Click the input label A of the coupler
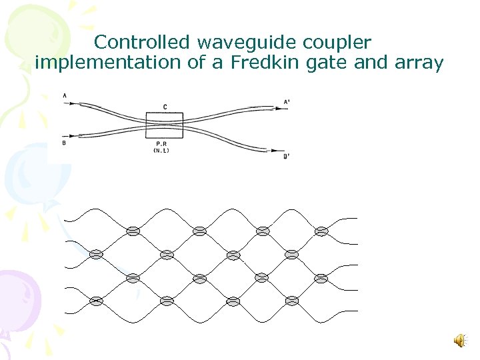65,96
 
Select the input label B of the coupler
65,142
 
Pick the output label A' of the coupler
287,102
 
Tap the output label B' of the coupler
286,157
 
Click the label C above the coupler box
165,107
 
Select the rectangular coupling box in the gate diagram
164,125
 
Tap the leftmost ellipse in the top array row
133,231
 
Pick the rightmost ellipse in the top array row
321,231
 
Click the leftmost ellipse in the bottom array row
96,301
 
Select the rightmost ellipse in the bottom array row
291,301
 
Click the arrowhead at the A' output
277,106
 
